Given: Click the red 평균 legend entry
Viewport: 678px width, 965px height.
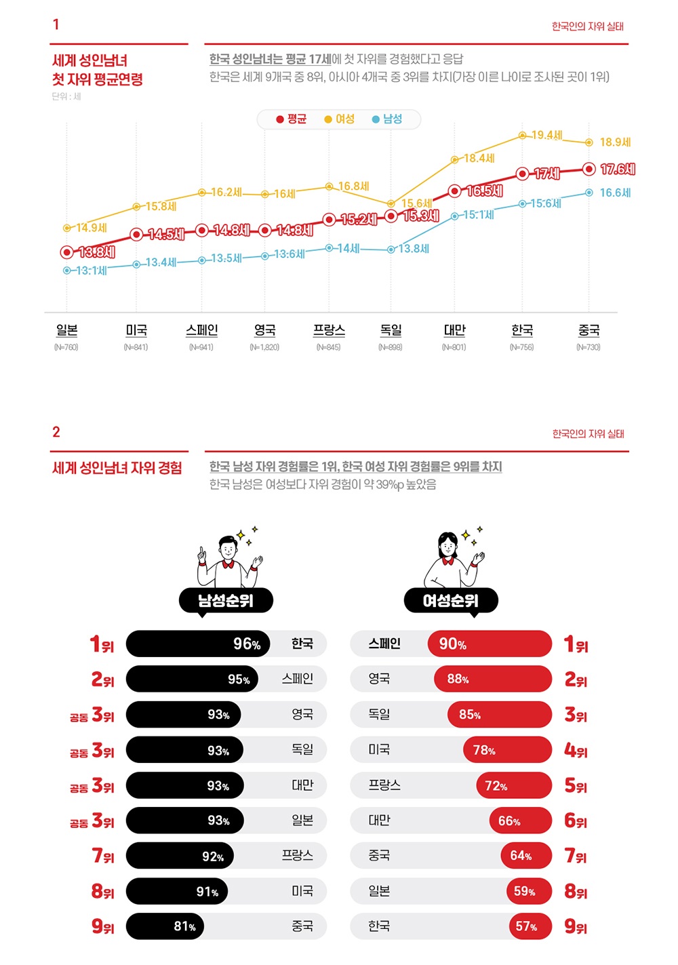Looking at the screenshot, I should [x=292, y=119].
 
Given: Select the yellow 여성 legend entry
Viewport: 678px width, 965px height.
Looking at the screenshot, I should [x=340, y=119].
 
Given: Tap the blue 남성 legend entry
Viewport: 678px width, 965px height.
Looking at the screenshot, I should [x=387, y=119].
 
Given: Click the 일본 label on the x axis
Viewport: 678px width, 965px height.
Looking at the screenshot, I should [x=66, y=330].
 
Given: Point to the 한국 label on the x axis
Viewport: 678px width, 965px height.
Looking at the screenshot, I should [x=522, y=330].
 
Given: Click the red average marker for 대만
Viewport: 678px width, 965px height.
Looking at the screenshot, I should [x=455, y=191].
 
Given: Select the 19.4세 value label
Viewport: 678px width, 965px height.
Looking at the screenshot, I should [x=546, y=136].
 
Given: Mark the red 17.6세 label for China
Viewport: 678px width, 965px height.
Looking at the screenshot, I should [x=617, y=169].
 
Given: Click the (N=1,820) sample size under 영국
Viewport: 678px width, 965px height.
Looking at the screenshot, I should [x=264, y=347].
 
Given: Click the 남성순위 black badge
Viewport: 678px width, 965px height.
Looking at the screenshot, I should [x=226, y=600].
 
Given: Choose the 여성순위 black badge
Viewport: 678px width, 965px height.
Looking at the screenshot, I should [x=451, y=600].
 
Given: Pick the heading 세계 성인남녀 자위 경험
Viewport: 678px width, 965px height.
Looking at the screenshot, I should [x=117, y=468].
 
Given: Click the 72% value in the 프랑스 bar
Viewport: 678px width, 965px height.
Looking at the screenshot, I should [x=496, y=786].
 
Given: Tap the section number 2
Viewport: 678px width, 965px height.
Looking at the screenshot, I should [x=56, y=432].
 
